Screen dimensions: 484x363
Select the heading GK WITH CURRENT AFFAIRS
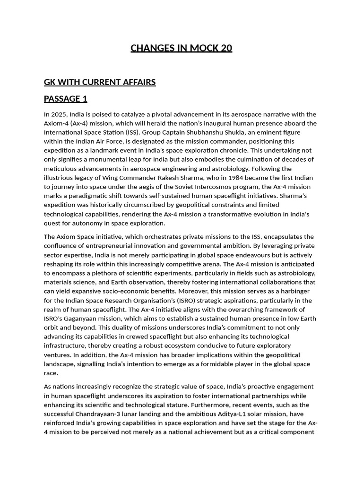pyautogui.click(x=100, y=82)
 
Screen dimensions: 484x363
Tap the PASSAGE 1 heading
pyautogui.click(x=66, y=99)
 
